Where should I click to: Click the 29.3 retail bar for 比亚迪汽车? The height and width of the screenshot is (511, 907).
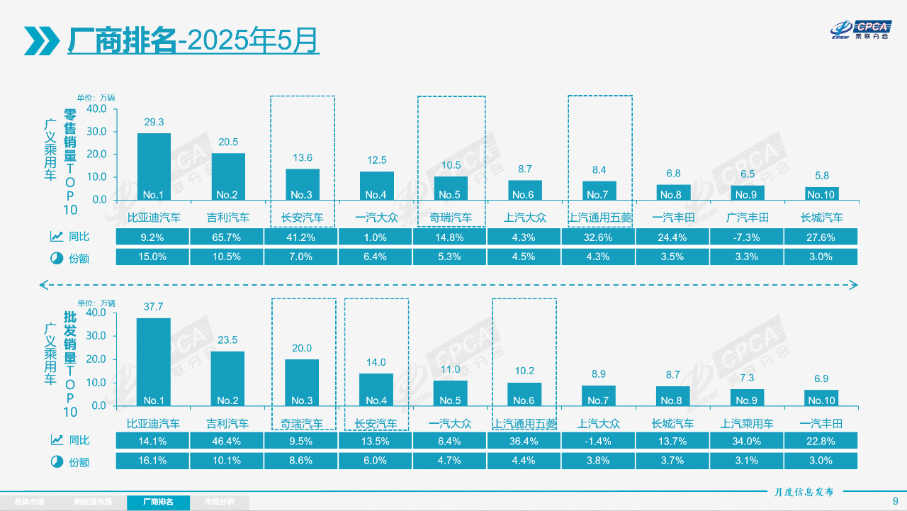[x=154, y=167]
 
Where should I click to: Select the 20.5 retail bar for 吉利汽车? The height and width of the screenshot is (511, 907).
[x=228, y=176]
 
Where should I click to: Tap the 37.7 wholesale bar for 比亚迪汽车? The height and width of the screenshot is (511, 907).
[x=154, y=361]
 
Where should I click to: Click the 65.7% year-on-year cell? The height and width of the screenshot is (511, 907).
[x=228, y=237]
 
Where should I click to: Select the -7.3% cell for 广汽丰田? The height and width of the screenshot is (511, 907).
[x=746, y=237]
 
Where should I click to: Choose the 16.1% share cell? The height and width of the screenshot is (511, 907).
[x=154, y=461]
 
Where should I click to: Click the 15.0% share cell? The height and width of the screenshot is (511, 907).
[x=154, y=257]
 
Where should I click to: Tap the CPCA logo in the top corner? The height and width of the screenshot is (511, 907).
[x=860, y=29]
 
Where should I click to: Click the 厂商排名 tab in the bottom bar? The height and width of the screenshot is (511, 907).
[x=159, y=502]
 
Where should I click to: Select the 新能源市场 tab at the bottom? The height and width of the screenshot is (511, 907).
[x=93, y=502]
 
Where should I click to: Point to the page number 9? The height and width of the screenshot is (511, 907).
[x=895, y=501]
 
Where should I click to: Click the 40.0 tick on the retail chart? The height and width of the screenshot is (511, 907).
[x=96, y=109]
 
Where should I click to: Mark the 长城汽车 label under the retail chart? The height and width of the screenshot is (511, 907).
[x=821, y=218]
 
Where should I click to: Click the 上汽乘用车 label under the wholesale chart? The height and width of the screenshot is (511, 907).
[x=747, y=424]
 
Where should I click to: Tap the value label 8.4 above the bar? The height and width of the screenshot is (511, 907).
[x=599, y=169]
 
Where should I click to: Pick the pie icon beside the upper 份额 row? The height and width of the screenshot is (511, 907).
[x=56, y=258]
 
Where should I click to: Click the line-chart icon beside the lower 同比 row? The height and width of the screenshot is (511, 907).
[x=56, y=441]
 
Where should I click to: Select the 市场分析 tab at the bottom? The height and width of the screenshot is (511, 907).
[x=220, y=502]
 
